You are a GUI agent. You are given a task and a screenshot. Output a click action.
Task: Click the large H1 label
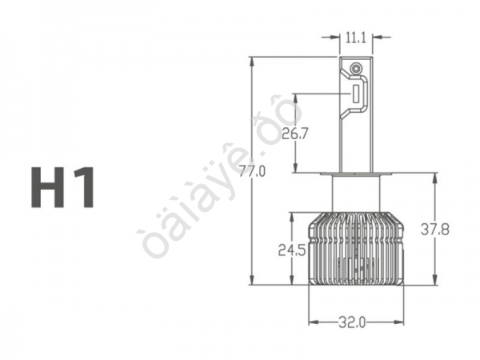coord(64,187)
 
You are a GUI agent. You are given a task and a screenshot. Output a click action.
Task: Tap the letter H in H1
coord(50,187)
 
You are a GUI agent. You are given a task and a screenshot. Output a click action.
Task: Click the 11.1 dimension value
coord(356,36)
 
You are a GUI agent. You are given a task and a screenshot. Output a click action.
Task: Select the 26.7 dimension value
coord(294,134)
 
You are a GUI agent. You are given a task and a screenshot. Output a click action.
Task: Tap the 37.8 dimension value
coord(435,230)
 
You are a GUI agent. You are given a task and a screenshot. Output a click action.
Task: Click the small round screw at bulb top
coord(354,70)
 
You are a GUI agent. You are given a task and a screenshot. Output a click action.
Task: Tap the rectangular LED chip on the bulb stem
coord(354,94)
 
